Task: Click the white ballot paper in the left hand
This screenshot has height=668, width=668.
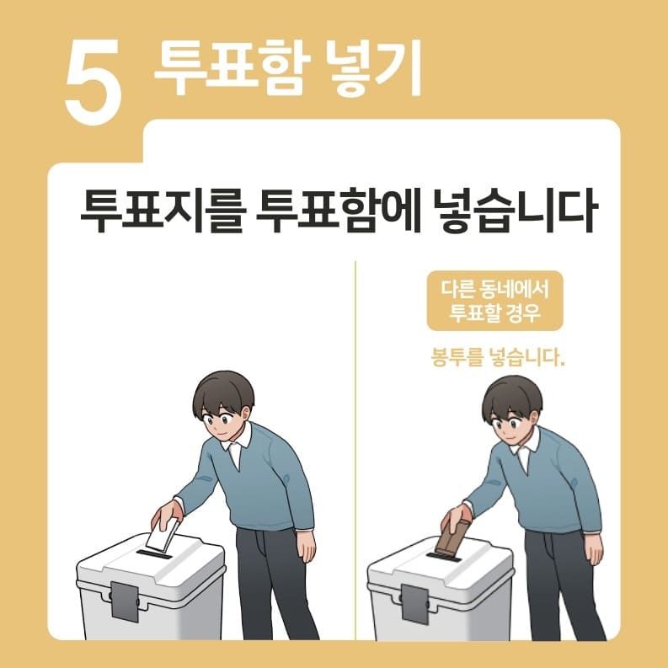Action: [162, 536]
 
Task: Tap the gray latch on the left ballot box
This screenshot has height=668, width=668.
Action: [124, 601]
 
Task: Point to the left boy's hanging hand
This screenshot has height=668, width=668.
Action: [306, 546]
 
